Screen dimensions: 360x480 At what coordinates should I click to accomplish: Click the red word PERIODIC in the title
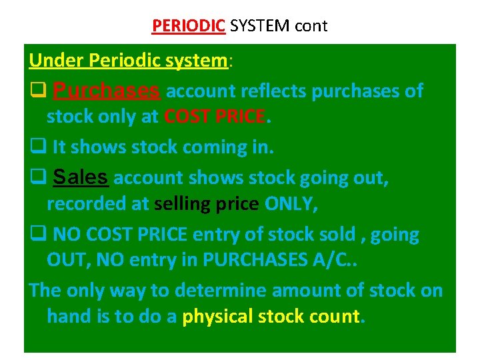[x=189, y=26]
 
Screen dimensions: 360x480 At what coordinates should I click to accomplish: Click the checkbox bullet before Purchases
[x=37, y=91]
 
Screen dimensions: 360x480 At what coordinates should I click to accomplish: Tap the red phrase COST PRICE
[x=214, y=118]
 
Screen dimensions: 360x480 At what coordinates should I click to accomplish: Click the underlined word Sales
[x=80, y=177]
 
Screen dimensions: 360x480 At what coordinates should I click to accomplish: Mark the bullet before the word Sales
[x=37, y=178]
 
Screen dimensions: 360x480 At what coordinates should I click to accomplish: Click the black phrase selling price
[x=206, y=205]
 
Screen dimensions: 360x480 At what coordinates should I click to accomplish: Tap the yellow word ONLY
[x=291, y=205]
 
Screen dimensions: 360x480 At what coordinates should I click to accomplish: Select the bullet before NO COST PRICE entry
[x=37, y=235]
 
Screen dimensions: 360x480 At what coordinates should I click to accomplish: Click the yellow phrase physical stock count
[x=271, y=317]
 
